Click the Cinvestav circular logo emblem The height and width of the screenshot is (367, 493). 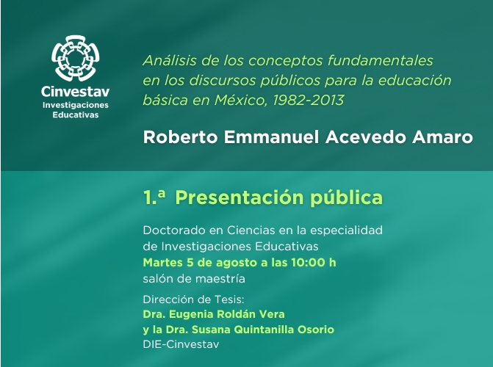(x=76, y=58)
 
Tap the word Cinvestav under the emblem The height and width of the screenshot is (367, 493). (x=76, y=92)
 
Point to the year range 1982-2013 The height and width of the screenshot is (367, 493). (x=308, y=101)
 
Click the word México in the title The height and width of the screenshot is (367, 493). (x=241, y=101)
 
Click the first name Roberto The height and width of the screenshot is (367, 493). (x=180, y=137)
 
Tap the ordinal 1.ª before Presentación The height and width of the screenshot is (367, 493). (x=154, y=197)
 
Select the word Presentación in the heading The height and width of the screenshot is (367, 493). (x=240, y=197)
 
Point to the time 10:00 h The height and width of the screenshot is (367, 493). (x=314, y=263)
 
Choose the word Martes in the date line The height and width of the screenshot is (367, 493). (x=163, y=263)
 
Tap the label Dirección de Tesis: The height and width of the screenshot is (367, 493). (x=193, y=299)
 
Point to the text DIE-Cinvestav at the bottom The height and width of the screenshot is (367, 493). (x=181, y=344)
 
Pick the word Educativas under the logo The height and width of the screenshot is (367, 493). (x=76, y=115)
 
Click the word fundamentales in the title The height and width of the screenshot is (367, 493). (x=380, y=60)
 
